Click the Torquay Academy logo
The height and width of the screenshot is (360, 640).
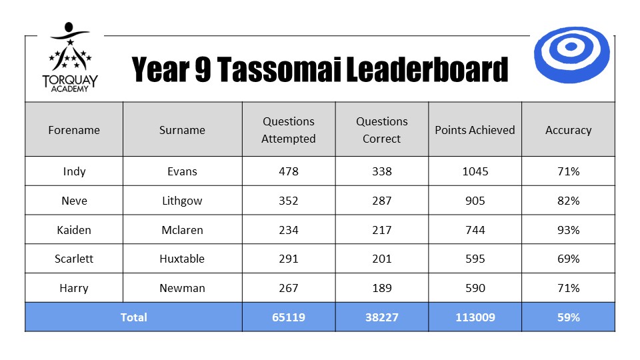(70, 57)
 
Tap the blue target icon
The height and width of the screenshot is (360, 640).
(571, 55)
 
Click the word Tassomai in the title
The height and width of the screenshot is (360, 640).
(279, 69)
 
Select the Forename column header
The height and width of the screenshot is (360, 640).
(74, 130)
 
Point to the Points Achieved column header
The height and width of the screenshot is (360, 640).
(475, 130)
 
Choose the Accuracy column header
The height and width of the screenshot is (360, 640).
(568, 130)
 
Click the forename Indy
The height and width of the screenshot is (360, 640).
(74, 171)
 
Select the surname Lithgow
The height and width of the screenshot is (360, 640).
(182, 201)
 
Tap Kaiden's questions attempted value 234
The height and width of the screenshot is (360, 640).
(289, 230)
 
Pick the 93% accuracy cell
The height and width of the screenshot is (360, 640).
(568, 230)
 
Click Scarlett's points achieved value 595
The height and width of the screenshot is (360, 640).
(475, 259)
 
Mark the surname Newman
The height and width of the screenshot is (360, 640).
(182, 288)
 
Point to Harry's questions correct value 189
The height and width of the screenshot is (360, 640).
(381, 288)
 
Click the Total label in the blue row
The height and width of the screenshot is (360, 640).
(133, 317)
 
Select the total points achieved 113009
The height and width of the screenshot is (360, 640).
(475, 317)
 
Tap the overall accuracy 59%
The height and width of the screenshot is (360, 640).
(568, 317)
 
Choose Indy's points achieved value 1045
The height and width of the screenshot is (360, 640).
(475, 171)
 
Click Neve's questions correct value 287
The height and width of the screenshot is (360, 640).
(381, 201)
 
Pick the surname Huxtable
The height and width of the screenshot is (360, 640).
(182, 259)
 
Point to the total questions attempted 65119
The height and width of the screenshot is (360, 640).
(289, 317)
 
